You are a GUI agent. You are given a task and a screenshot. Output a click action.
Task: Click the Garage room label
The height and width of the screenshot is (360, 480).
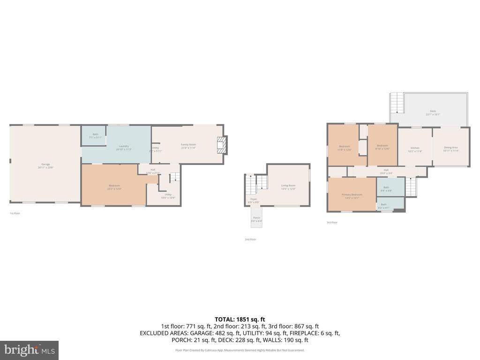coord(45,165)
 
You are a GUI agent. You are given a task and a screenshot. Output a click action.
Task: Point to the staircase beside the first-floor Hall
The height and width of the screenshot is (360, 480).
coord(174,177)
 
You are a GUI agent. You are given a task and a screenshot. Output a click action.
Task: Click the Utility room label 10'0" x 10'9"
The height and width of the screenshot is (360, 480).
coord(168,196)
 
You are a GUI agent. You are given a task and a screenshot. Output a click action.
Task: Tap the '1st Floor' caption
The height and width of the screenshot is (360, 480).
coord(15,213)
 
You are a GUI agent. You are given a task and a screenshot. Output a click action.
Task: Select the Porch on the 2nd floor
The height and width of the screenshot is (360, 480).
coord(256,219)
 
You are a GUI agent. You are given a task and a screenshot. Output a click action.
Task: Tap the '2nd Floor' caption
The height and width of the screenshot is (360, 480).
coord(250,240)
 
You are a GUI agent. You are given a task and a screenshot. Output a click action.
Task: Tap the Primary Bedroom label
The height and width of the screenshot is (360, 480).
coord(352,196)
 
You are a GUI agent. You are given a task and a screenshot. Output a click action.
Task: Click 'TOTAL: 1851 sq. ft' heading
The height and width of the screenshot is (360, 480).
coord(240,319)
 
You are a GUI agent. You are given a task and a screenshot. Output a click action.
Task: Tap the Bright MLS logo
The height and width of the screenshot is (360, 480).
coord(29,350)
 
